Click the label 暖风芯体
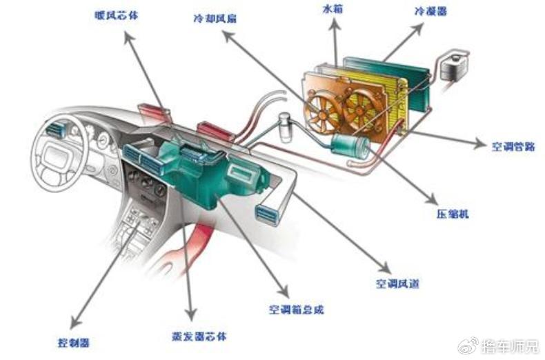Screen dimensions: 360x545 [116, 14]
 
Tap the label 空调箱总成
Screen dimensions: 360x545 [296, 310]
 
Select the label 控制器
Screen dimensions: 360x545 [74, 341]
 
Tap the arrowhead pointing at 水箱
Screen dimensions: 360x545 [335, 22]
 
